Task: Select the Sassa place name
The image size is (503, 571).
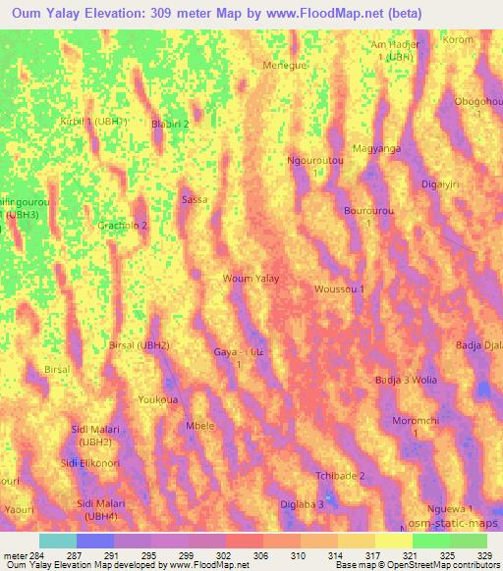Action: coord(195,199)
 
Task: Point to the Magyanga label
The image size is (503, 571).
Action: coord(376,149)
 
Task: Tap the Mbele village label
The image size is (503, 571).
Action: coord(200,427)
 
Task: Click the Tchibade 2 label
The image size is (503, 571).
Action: coord(340,476)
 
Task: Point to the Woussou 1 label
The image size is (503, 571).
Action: coord(339,289)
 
